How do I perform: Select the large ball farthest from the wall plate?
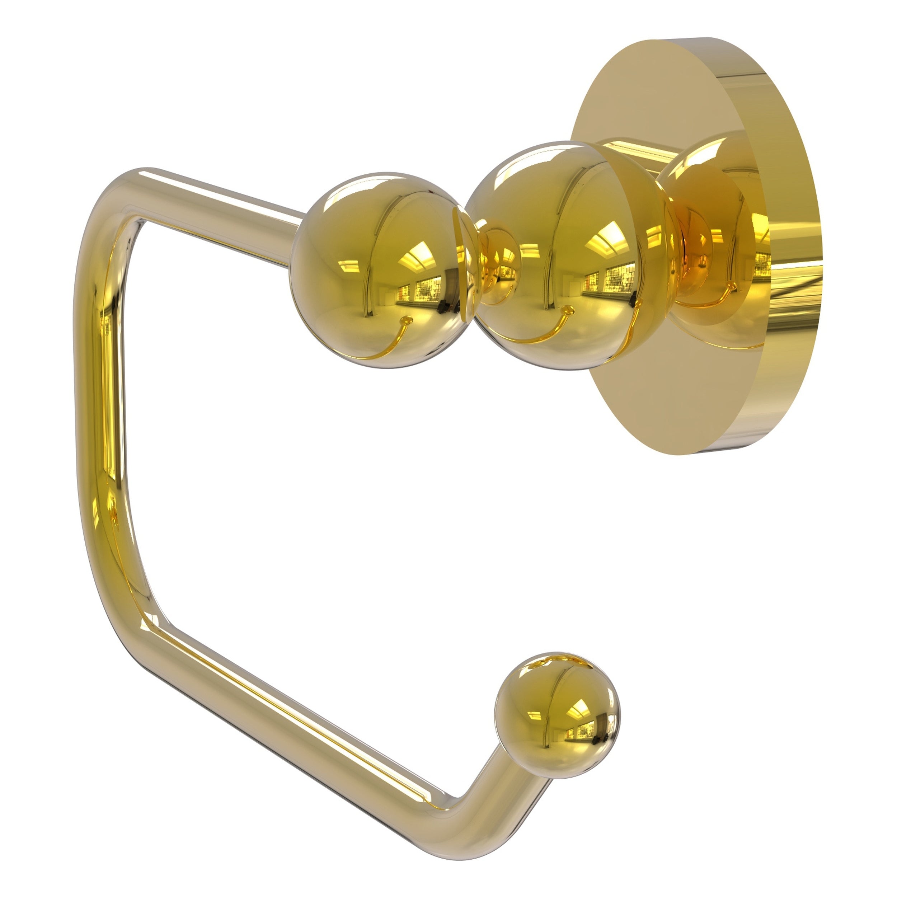pos(376,269)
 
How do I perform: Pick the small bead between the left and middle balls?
pos(499,265)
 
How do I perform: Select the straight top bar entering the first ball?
pos(232,195)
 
